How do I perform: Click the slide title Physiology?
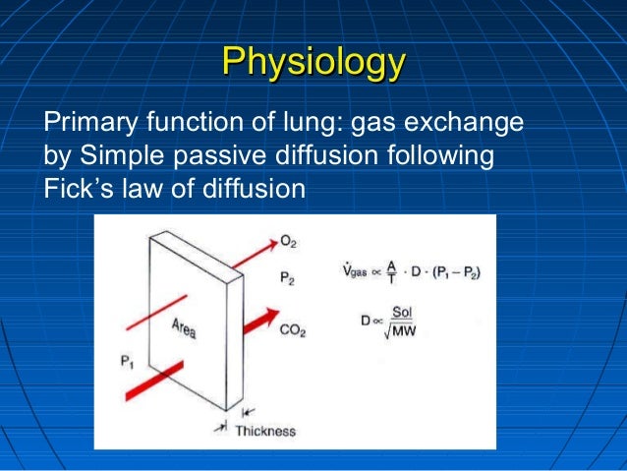313,61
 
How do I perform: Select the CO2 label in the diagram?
292,331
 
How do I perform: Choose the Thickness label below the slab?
265,430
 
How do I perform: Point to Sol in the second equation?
401,312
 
